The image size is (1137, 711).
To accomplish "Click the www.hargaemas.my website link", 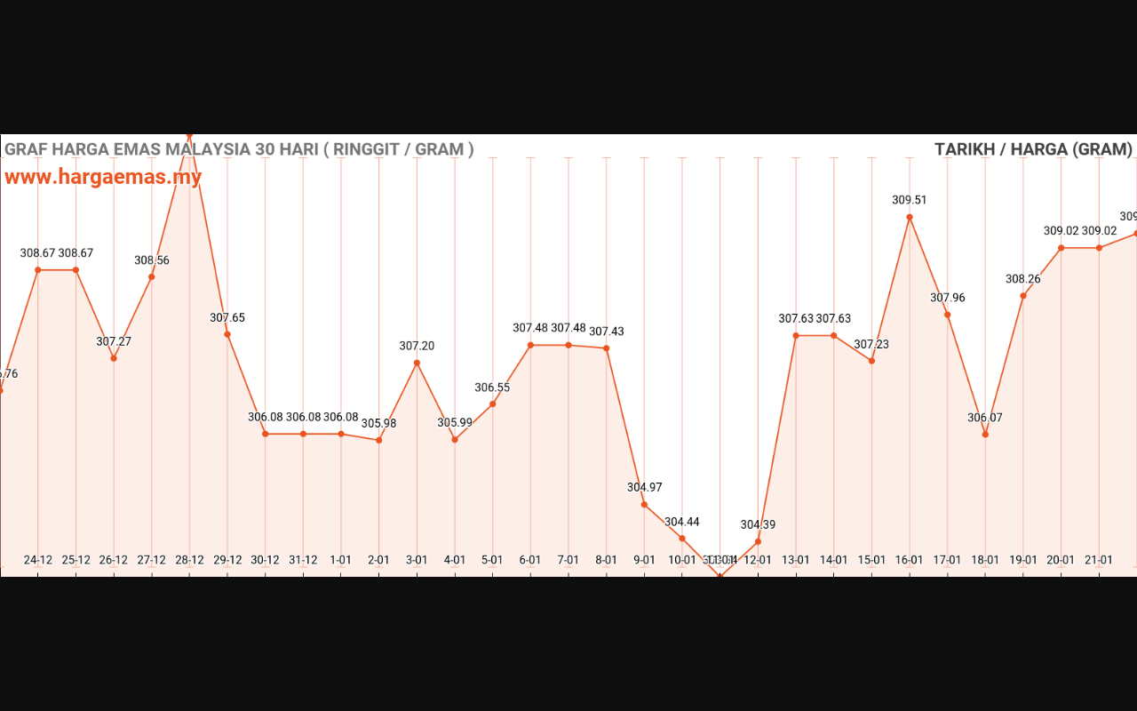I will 103,177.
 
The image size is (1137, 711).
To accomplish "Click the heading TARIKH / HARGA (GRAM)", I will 1033,149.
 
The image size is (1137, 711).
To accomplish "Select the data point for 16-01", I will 910,217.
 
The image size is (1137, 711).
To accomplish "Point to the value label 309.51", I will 909,201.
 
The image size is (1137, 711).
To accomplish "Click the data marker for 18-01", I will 985,435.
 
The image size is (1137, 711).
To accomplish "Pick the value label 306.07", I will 984,418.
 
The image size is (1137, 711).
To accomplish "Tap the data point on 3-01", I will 417,363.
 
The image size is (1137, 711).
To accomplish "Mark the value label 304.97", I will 644,488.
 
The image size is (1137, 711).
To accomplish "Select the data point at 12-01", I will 758,541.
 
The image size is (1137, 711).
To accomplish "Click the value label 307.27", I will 114,342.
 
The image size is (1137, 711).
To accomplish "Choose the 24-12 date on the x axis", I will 38,560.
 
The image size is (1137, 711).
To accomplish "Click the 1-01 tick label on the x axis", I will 341,560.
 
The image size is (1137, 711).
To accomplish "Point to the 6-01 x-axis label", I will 530,560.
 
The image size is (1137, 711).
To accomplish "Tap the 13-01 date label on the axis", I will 796,560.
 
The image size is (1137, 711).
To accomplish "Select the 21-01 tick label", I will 1099,560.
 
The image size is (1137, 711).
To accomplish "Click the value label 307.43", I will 607,332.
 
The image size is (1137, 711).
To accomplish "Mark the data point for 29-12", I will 227,334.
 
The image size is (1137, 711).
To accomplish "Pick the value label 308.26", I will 1022,279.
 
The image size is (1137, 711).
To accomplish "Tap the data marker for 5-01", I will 493,404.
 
